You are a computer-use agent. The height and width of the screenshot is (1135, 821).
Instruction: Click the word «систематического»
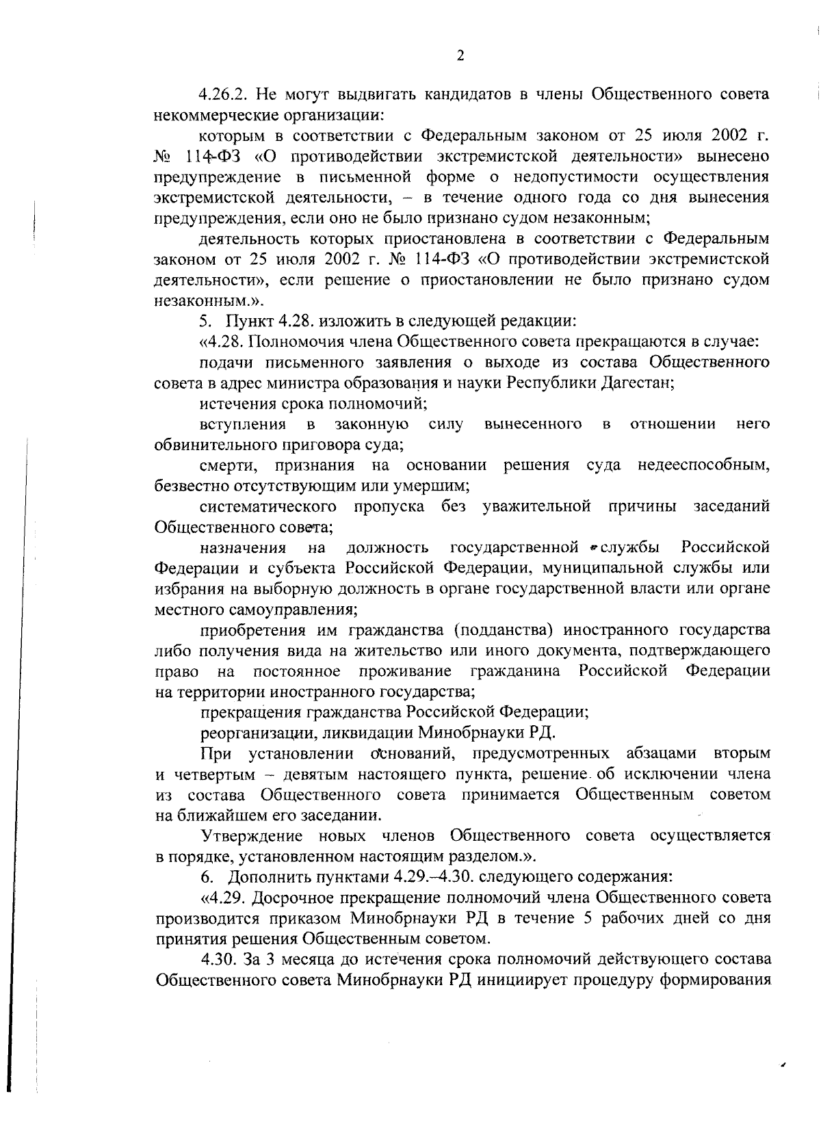click(x=268, y=507)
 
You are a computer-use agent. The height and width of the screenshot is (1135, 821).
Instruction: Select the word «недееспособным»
click(x=703, y=466)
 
